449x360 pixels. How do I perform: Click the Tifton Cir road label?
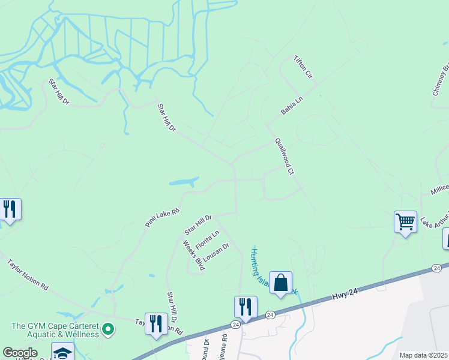[x=303, y=68]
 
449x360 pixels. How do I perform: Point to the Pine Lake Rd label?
[x=162, y=217]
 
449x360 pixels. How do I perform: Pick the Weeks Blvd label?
[x=194, y=256]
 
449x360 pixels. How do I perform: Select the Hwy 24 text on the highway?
[x=345, y=293]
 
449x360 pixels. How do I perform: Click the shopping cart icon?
[x=405, y=221]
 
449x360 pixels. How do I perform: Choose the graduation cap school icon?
[x=62, y=352]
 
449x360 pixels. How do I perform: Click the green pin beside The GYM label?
[x=108, y=329]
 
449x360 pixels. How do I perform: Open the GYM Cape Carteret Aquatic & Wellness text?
[x=55, y=330]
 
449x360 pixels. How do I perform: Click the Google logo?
[x=20, y=353]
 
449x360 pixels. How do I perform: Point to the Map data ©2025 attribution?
[x=423, y=355]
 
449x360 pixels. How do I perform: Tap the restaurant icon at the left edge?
[x=10, y=209]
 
